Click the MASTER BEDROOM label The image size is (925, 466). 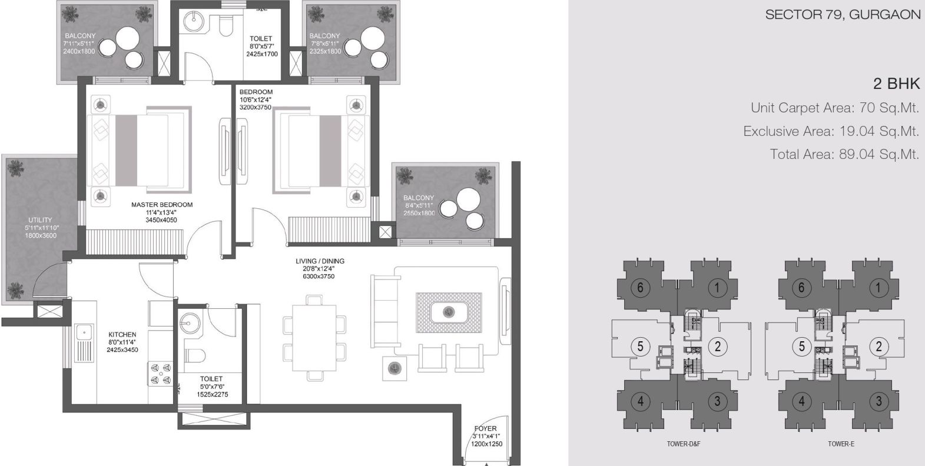coord(162,205)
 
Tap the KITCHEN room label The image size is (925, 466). coord(122,334)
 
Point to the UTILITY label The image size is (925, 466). coord(40,220)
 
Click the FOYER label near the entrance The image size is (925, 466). coord(486,428)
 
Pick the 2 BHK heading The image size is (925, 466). coord(897,84)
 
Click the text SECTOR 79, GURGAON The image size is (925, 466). coord(843,15)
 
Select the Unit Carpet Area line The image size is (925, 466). coord(834,108)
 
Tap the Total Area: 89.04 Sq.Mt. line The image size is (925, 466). coord(844,154)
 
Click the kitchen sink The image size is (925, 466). coord(84,343)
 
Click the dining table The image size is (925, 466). coord(314,338)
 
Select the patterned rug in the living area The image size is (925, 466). coord(449,312)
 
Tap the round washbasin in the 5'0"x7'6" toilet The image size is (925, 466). coord(190,321)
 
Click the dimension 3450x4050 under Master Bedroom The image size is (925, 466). coord(161,220)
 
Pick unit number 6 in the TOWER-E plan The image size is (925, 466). coord(801,287)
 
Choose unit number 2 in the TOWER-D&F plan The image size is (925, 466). coord(718,346)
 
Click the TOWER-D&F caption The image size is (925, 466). coord(684,444)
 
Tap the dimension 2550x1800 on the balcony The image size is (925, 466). coord(419,213)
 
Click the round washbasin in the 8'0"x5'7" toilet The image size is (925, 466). coord(193,19)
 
